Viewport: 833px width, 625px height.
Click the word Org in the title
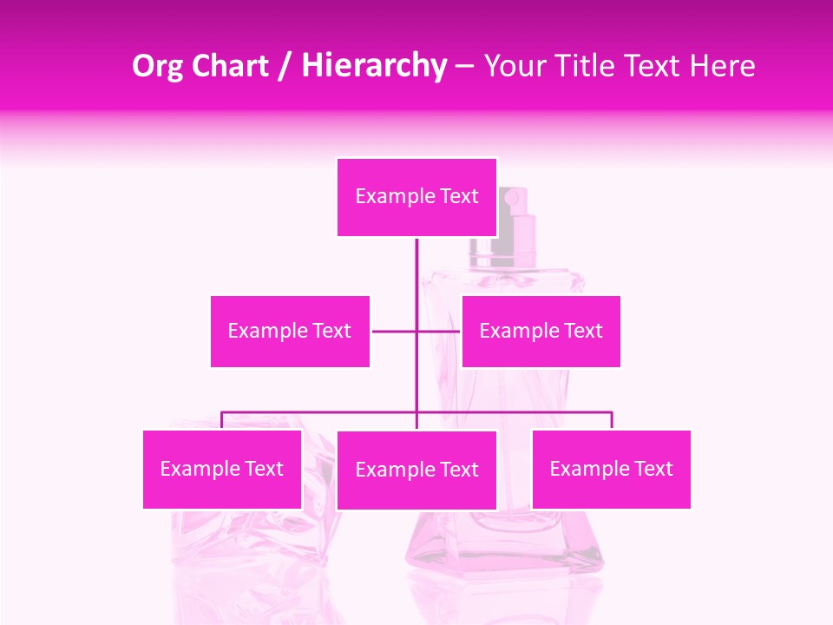point(158,66)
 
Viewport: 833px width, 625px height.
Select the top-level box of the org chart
point(416,196)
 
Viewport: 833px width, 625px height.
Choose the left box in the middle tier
point(290,331)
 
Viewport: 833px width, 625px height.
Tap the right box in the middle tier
point(541,331)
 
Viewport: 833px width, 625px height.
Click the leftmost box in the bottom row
point(221,469)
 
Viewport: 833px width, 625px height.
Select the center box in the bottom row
point(416,470)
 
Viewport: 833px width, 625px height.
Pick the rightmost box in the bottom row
point(611,469)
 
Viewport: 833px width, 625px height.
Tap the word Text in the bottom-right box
point(652,469)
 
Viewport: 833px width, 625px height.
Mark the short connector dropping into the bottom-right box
point(612,420)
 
